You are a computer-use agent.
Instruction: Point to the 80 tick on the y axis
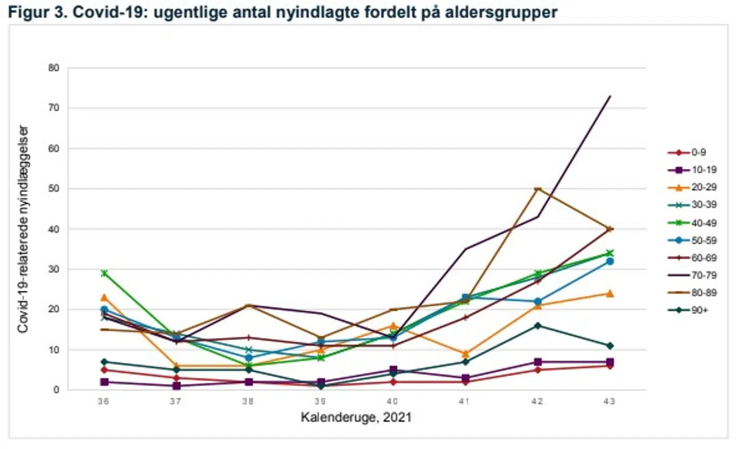[x=54, y=68]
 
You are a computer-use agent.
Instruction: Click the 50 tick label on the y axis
[x=54, y=189]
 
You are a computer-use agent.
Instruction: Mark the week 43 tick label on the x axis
[x=609, y=401]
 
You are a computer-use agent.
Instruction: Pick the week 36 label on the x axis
[x=104, y=401]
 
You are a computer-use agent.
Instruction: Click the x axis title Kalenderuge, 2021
[x=356, y=417]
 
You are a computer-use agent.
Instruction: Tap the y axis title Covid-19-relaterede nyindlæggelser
[x=23, y=229]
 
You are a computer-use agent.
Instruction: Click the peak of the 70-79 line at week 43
[x=610, y=96]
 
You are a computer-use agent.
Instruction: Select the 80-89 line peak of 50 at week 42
[x=538, y=189]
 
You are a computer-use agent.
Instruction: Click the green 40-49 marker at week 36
[x=104, y=273]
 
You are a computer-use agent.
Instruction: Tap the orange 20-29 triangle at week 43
[x=610, y=293]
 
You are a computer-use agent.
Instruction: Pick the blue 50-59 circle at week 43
[x=610, y=261]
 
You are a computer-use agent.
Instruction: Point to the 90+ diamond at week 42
[x=538, y=326]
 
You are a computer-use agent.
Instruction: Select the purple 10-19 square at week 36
[x=104, y=382]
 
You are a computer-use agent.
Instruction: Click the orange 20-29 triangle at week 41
[x=465, y=354]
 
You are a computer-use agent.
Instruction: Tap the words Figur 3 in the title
[x=35, y=12]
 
